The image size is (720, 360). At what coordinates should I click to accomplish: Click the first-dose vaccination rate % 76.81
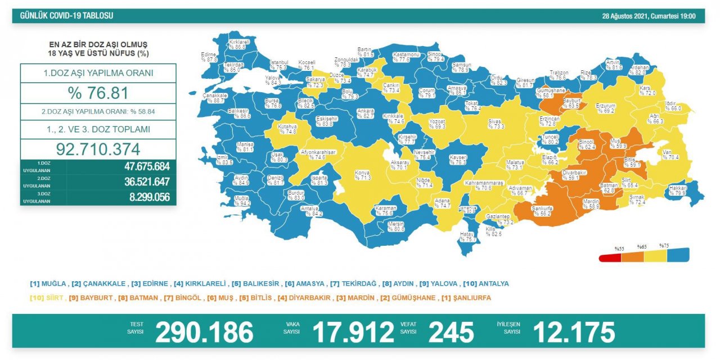tap(98, 93)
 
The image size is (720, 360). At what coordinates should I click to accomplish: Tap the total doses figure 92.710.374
tap(98, 149)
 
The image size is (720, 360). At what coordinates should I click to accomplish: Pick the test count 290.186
tap(204, 332)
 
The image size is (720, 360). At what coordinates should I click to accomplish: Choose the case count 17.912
tap(353, 332)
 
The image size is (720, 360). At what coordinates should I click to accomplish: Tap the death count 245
tap(451, 332)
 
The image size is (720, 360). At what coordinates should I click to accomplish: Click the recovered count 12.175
tap(574, 332)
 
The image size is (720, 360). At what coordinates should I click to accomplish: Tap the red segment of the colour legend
tap(610, 256)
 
